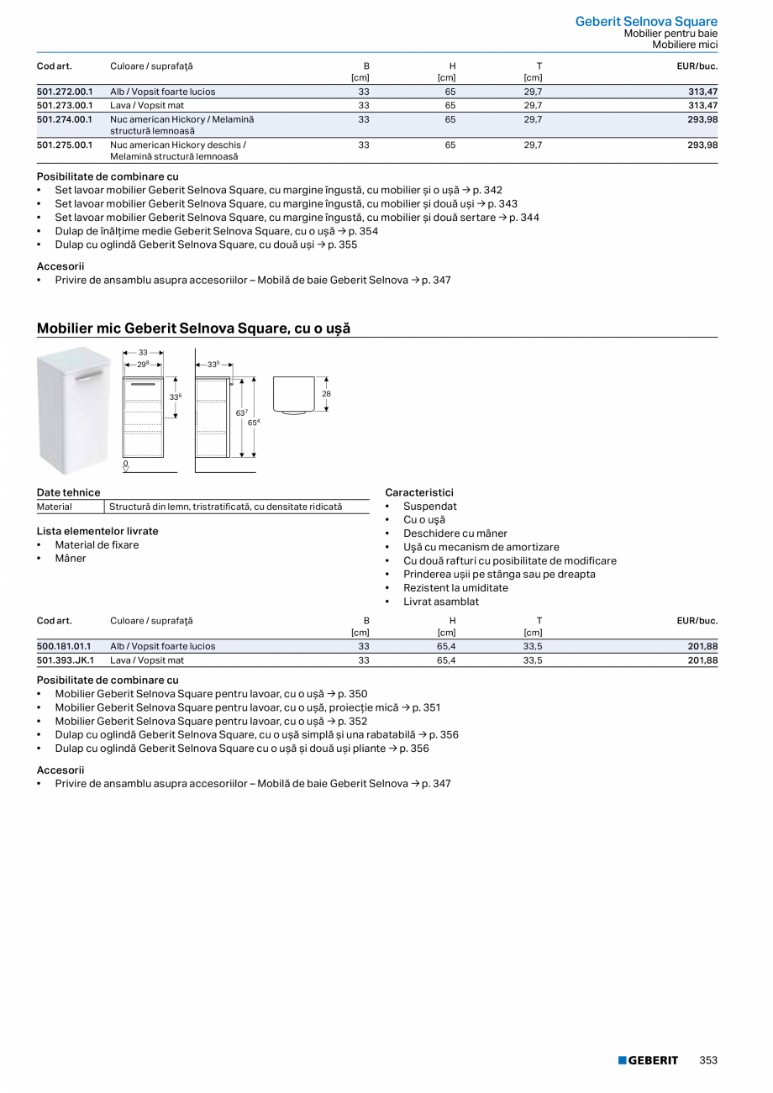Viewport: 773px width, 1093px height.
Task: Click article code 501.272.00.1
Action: click(x=65, y=92)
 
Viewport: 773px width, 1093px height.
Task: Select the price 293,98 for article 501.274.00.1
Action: click(x=702, y=119)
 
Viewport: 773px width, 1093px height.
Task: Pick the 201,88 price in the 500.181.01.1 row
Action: click(x=702, y=646)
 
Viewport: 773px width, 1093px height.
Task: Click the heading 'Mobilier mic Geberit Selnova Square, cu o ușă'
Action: click(x=193, y=328)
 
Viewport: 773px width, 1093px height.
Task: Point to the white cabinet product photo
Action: click(x=75, y=410)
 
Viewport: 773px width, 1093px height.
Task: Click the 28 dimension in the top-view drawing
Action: click(x=326, y=393)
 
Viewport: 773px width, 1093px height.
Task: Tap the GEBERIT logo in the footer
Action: click(x=648, y=1060)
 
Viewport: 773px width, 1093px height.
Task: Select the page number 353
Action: click(x=708, y=1060)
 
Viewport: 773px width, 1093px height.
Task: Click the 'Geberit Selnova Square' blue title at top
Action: click(x=646, y=22)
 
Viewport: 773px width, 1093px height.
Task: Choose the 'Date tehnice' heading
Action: click(x=68, y=492)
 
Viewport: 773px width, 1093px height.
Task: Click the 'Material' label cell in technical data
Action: click(x=55, y=507)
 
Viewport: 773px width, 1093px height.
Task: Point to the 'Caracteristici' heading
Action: click(x=418, y=492)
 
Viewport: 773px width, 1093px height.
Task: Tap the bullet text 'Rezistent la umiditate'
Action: click(x=455, y=588)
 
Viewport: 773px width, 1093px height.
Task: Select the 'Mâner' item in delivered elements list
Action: click(x=71, y=559)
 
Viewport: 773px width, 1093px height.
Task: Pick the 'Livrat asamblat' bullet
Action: click(x=441, y=602)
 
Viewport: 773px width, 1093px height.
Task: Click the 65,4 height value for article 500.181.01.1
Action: click(x=446, y=646)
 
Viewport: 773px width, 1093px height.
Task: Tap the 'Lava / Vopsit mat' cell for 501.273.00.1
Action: click(x=147, y=106)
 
